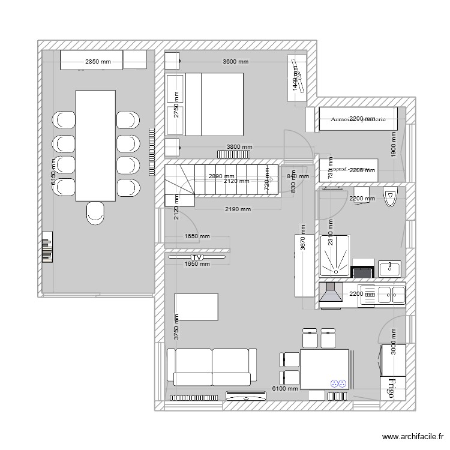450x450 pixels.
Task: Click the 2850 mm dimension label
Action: click(x=98, y=61)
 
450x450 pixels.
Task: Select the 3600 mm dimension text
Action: click(x=235, y=61)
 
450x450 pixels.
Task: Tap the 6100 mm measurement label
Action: click(x=286, y=389)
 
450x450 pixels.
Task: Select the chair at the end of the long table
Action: click(x=95, y=213)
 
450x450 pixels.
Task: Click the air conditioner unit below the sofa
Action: click(x=246, y=395)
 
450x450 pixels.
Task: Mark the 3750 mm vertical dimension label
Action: click(x=176, y=328)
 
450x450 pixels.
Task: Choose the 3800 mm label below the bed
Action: click(x=239, y=146)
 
